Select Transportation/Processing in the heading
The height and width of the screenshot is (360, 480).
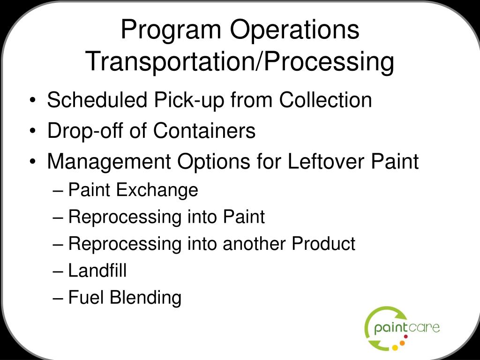click(240, 62)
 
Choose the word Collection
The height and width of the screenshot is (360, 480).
click(326, 100)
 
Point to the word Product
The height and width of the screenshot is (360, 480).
click(323, 244)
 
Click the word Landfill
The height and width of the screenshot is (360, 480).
click(97, 270)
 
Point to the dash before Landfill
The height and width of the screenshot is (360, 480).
click(59, 271)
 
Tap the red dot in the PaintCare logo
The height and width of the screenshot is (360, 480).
click(405, 337)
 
